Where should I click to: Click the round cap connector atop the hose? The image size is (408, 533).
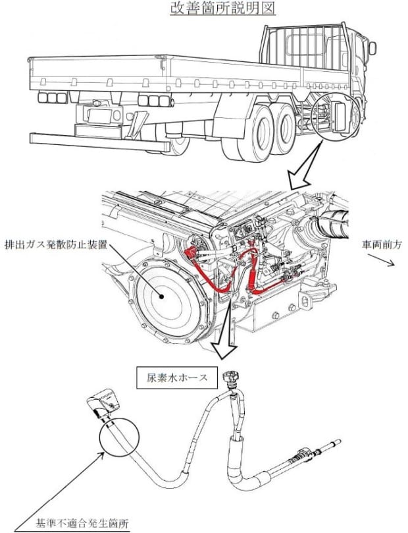point(232,380)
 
